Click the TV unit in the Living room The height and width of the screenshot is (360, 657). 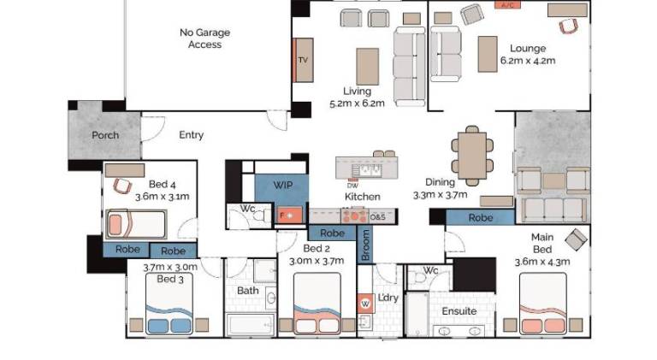click(304, 60)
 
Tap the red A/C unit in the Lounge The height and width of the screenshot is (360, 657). click(507, 4)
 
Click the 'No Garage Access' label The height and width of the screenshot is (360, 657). click(205, 38)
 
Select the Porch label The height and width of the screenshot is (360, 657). click(105, 135)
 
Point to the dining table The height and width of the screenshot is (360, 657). click(472, 156)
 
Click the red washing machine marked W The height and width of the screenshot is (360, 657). click(365, 304)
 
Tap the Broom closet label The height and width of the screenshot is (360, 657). click(365, 245)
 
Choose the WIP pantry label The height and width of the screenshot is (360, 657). click(283, 185)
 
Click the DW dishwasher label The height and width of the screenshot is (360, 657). click(352, 186)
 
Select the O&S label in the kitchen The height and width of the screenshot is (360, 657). click(377, 217)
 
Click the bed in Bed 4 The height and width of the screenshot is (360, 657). click(136, 224)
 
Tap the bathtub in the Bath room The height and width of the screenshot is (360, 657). click(251, 325)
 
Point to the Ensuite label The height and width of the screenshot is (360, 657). click(459, 311)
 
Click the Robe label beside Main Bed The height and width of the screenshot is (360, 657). click(481, 218)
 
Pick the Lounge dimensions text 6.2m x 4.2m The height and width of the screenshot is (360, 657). click(528, 61)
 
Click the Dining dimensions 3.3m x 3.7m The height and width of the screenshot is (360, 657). click(440, 195)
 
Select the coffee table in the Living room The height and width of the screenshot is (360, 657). click(368, 67)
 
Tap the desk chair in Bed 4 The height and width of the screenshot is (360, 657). click(122, 186)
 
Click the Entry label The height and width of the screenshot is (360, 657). click(191, 135)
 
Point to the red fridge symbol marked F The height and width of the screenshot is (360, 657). click(289, 215)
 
